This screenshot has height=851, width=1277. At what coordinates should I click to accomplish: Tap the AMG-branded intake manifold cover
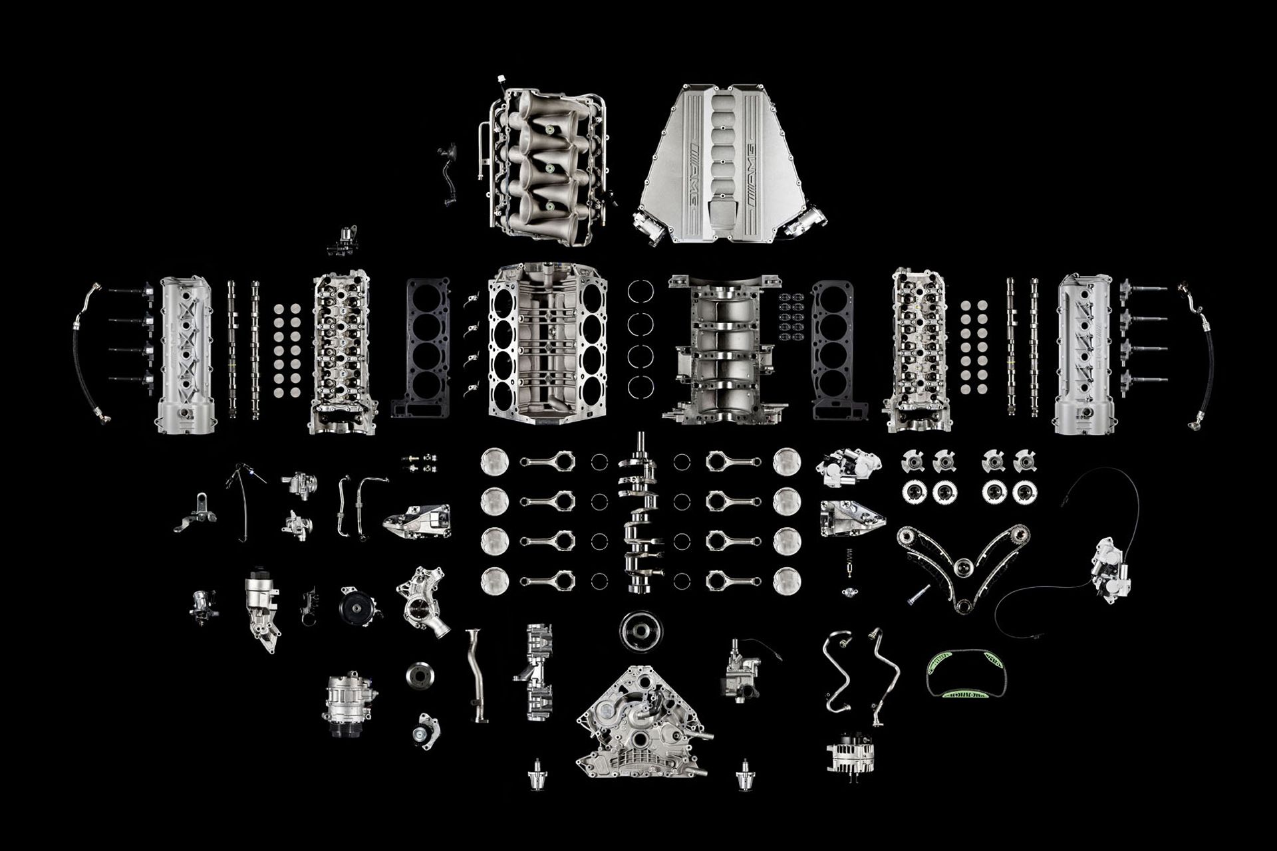[x=728, y=163]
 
